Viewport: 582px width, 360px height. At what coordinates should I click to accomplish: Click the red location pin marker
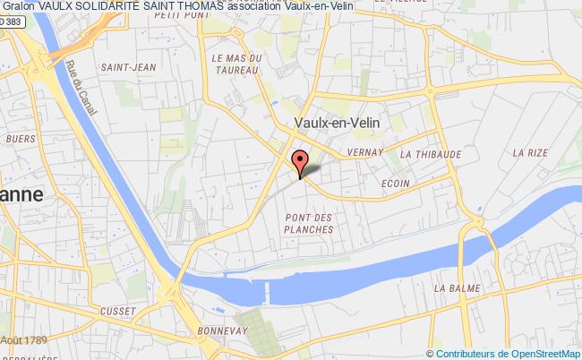click(x=302, y=160)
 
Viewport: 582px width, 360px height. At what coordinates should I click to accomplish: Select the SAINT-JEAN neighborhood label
click(x=123, y=66)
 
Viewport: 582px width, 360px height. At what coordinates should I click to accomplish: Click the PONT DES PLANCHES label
click(x=308, y=224)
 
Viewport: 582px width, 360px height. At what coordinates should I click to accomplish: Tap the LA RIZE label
click(x=530, y=153)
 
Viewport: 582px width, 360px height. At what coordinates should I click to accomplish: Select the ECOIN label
click(x=394, y=185)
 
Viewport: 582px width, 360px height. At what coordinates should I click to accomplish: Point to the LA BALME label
click(x=452, y=288)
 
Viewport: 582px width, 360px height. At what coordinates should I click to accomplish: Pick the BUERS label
click(x=21, y=139)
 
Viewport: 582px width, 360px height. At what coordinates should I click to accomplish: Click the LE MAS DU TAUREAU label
click(x=236, y=64)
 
